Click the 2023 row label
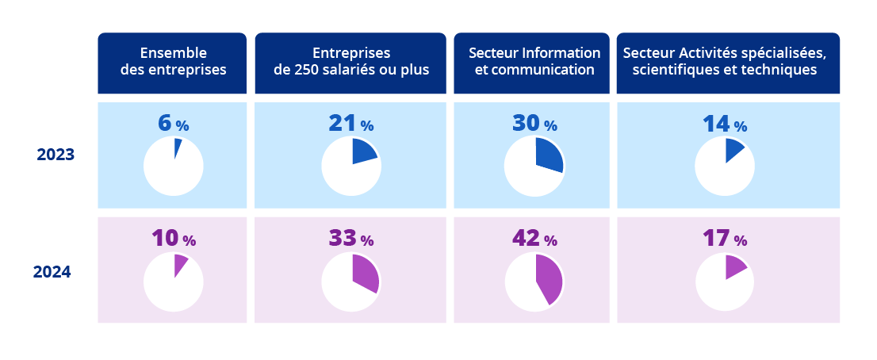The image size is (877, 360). [x=55, y=155]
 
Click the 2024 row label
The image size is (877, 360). [x=52, y=272]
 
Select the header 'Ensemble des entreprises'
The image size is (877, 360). [x=173, y=61]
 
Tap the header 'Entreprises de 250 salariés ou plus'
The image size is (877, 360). [x=351, y=61]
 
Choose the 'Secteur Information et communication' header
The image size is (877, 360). [x=534, y=61]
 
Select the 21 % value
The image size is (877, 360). [x=350, y=124]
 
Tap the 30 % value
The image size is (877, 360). [x=534, y=124]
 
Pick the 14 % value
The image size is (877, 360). [x=725, y=124]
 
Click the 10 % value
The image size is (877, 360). [x=173, y=238]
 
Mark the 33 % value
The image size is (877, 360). [x=350, y=238]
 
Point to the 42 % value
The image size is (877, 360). [x=534, y=238]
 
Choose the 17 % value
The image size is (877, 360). [x=725, y=238]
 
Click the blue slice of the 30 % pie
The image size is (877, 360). [x=549, y=155]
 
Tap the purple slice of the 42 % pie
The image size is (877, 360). [x=549, y=279]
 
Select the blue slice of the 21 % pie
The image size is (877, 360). [x=364, y=151]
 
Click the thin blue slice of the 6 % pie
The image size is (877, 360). [x=178, y=145]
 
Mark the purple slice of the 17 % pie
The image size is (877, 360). [x=734, y=266]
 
